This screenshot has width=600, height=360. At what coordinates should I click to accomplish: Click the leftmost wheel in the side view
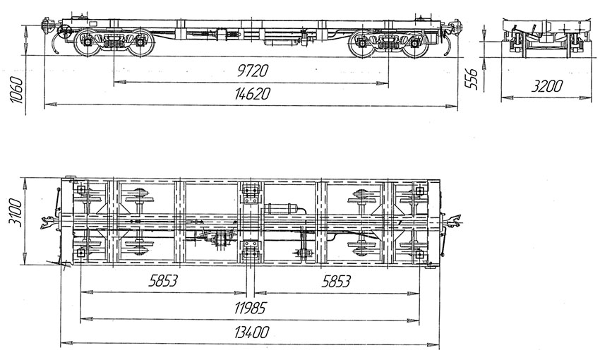click(85, 43)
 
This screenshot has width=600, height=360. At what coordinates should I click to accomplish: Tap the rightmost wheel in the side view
click(417, 44)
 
